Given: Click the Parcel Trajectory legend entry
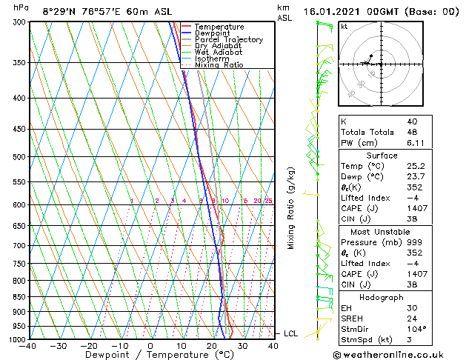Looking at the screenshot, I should [228, 39].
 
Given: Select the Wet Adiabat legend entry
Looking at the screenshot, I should [220, 52].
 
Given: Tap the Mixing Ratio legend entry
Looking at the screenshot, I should [219, 64].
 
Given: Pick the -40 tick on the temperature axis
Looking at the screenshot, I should [28, 346].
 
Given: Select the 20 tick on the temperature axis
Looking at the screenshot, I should [212, 346].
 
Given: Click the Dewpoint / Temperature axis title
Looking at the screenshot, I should [150, 355].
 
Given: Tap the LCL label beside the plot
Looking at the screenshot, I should [290, 334].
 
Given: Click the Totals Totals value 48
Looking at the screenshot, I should [412, 132].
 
